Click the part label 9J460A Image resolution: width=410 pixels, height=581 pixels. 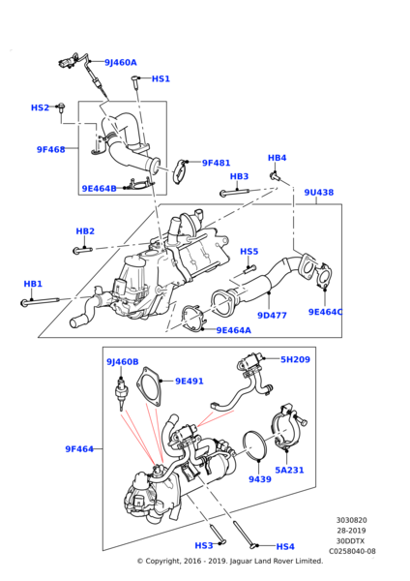click(120, 63)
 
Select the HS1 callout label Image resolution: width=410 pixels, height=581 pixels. click(161, 78)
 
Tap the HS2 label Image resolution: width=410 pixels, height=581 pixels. click(40, 107)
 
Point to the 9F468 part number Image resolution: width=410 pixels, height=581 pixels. click(50, 150)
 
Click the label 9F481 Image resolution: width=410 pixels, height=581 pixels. click(216, 164)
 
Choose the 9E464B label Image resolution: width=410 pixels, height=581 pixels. click(99, 189)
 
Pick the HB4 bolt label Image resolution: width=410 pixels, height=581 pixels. click(277, 158)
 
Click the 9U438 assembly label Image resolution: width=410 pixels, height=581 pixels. click(318, 193)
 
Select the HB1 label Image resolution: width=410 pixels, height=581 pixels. click(33, 284)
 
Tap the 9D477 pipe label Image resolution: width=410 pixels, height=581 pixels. click(272, 315)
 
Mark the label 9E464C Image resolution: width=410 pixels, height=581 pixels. click(326, 312)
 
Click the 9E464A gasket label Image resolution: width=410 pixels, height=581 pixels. click(233, 330)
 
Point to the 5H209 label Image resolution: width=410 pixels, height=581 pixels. click(296, 359)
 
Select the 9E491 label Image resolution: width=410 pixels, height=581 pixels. click(189, 381)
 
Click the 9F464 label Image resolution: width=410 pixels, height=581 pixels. click(79, 449)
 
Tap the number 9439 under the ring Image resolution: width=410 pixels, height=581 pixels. click(258, 478)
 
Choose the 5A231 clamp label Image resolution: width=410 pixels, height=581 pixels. click(289, 471)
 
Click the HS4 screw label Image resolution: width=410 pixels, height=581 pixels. click(285, 546)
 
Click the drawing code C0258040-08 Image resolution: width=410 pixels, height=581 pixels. click(352, 551)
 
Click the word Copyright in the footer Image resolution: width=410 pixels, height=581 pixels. click(165, 561)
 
